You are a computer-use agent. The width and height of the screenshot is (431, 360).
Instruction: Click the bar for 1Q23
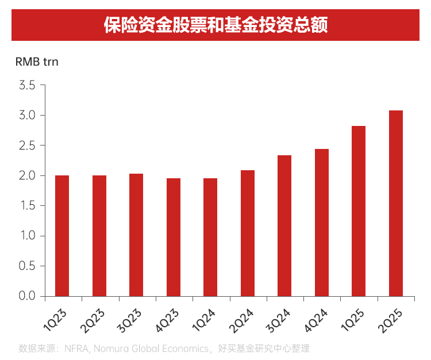62,236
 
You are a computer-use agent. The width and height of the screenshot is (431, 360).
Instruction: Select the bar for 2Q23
99,236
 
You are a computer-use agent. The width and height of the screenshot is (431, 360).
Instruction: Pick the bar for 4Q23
174,237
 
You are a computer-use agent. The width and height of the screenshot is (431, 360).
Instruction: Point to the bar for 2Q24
248,233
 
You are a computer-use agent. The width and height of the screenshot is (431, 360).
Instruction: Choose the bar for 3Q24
284,225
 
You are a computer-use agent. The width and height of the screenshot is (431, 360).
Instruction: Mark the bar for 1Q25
359,211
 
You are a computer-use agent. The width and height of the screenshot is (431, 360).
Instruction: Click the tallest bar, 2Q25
396,203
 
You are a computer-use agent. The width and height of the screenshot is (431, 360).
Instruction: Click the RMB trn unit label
37,62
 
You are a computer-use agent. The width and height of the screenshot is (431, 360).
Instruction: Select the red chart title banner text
215,25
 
